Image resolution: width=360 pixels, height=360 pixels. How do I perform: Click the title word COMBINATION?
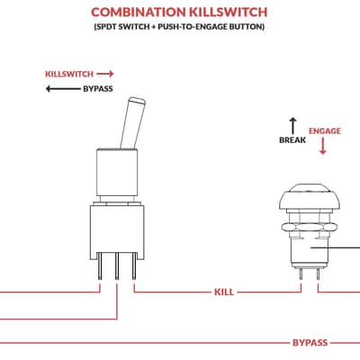(x=139, y=12)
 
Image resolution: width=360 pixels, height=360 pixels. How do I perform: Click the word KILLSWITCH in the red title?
(x=229, y=12)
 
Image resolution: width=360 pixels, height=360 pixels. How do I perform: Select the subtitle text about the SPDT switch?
(x=179, y=27)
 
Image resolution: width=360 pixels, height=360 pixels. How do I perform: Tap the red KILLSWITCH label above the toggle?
(x=69, y=74)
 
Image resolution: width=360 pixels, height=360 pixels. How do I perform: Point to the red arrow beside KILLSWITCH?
(x=105, y=74)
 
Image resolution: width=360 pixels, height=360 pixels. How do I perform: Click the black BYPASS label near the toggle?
(x=98, y=89)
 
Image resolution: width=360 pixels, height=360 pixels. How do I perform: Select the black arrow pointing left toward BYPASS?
(x=63, y=89)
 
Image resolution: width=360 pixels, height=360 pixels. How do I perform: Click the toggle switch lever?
(x=133, y=123)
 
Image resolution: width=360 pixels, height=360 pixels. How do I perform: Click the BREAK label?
(x=292, y=140)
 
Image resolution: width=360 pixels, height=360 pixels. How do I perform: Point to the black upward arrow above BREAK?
(x=292, y=126)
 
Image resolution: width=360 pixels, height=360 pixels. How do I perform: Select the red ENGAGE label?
(x=325, y=131)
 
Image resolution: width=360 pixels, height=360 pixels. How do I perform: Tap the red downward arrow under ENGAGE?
(x=323, y=146)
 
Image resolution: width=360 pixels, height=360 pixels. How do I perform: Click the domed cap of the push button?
(x=310, y=196)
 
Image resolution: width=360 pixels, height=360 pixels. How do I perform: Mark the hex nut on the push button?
(x=310, y=227)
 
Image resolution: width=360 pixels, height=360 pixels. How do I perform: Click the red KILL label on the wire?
(x=224, y=292)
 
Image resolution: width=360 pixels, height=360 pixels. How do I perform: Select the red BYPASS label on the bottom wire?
(x=310, y=343)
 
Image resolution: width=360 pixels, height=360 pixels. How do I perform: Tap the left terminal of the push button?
(x=301, y=274)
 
